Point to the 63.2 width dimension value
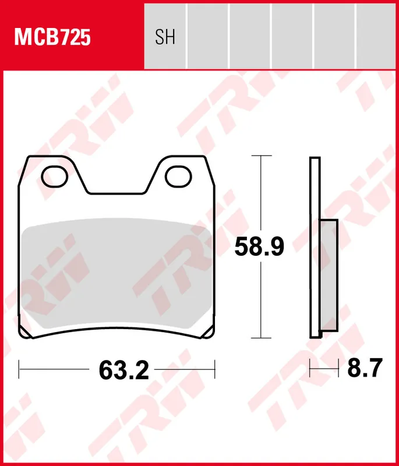[124, 369]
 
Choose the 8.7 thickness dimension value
[365, 369]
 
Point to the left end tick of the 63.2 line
[20, 369]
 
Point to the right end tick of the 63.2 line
[215, 369]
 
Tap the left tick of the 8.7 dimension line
[310, 369]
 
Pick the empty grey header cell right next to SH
[207, 35]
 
